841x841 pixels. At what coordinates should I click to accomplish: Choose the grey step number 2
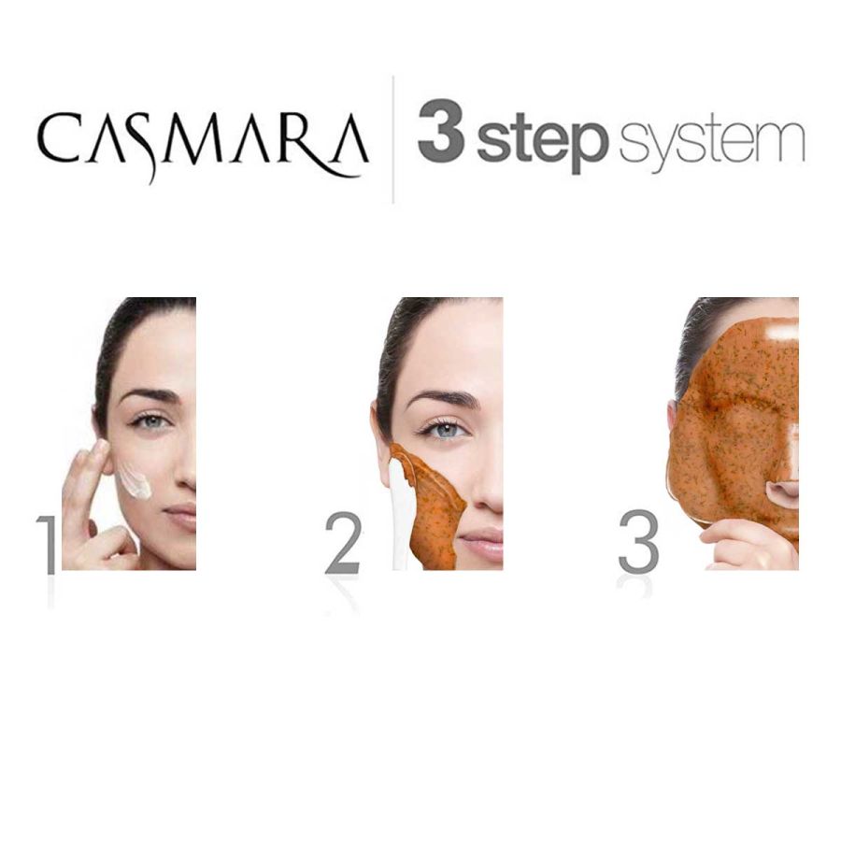coord(343,544)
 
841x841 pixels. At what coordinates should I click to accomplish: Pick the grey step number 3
coord(638,544)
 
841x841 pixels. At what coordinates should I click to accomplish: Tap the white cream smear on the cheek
coord(135,481)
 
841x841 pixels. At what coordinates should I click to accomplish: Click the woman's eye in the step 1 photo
coord(150,422)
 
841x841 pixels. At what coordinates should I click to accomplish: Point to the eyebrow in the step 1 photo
coord(148,395)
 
